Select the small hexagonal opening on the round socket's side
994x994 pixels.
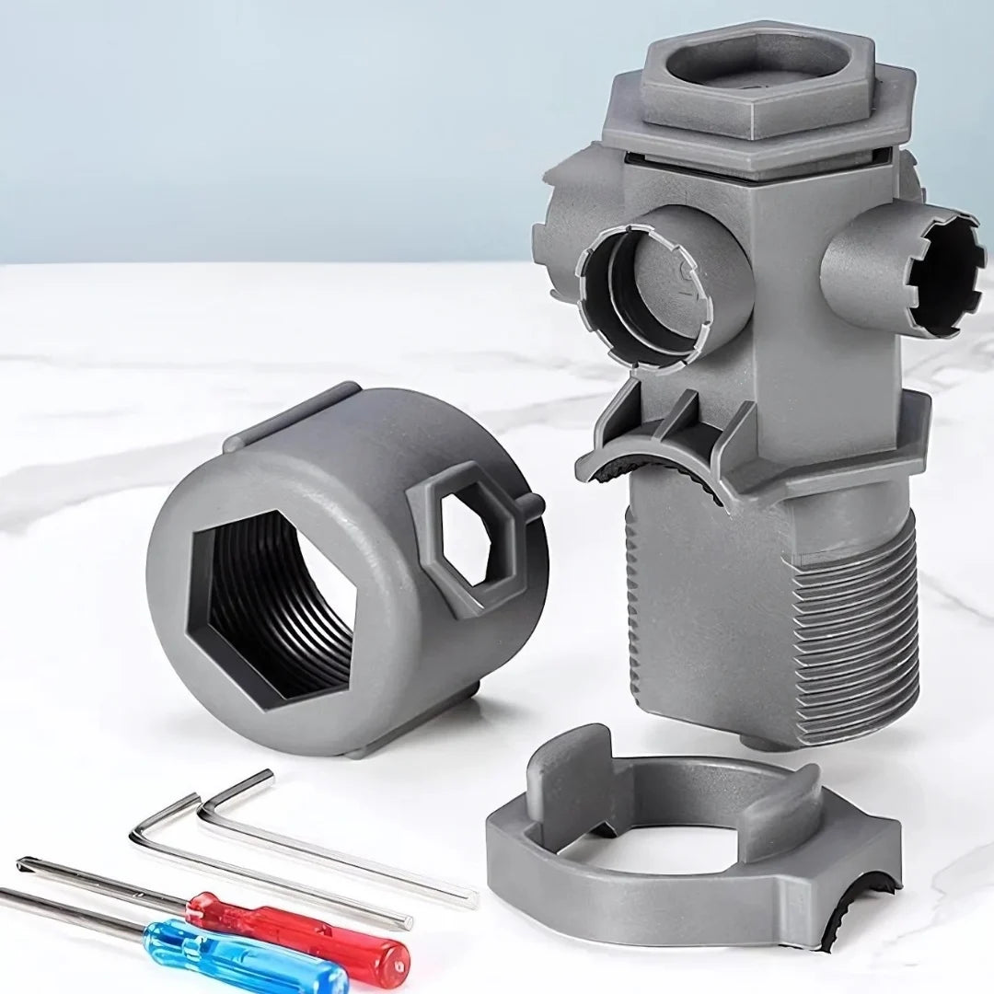pos(466,539)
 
